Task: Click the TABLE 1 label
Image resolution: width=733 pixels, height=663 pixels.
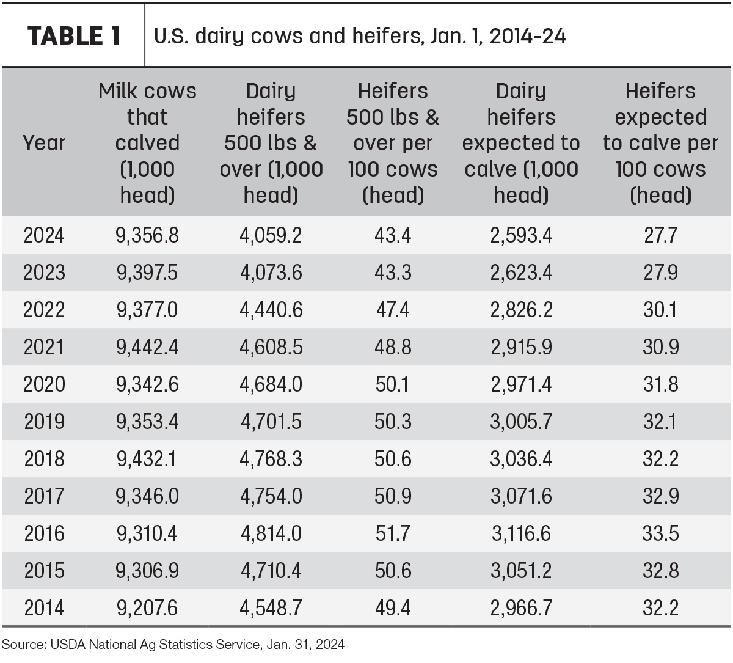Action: click(x=74, y=36)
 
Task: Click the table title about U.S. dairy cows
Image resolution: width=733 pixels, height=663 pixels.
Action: click(x=360, y=36)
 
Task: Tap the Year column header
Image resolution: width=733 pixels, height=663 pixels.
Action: click(x=44, y=142)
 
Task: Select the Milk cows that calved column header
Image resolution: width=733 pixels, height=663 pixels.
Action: click(x=147, y=142)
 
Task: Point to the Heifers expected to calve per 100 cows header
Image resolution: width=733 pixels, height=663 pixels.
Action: click(x=660, y=142)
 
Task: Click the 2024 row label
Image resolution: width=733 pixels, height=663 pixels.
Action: click(x=44, y=235)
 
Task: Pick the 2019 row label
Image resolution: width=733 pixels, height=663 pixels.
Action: click(x=44, y=421)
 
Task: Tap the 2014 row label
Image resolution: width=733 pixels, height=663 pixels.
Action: click(x=44, y=608)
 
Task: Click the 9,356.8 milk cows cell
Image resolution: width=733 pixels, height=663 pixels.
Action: click(x=147, y=235)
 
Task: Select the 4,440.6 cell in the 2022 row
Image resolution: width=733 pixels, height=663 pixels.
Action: click(x=271, y=310)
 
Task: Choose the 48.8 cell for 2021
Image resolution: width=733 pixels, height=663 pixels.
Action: click(x=393, y=346)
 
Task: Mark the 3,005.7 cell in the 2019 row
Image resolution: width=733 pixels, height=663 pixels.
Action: click(x=521, y=422)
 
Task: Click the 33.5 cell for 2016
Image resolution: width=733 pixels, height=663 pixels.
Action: click(x=661, y=533)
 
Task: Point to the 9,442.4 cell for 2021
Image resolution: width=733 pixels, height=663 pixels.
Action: click(x=147, y=347)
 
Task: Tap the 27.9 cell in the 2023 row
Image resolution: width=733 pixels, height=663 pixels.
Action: click(x=661, y=272)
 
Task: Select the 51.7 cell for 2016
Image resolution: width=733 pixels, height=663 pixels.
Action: click(x=393, y=533)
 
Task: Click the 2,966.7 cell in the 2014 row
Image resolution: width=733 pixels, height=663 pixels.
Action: click(x=521, y=608)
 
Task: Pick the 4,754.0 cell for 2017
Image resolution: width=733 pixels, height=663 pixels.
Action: click(x=271, y=496)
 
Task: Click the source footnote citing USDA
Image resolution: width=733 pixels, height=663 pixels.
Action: click(x=173, y=644)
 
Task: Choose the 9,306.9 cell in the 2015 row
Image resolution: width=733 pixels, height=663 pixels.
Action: click(x=147, y=571)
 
